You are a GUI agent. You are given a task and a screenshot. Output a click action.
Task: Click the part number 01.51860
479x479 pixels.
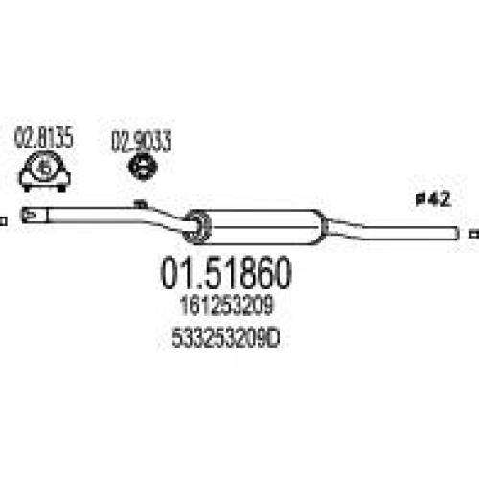[226, 273]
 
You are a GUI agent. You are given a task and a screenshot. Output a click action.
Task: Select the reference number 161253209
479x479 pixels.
[226, 306]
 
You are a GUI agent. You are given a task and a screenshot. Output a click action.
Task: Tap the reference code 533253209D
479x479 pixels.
[226, 339]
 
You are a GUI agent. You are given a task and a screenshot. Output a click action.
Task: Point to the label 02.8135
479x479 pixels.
[44, 138]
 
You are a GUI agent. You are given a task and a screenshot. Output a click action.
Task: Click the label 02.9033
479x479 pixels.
[141, 141]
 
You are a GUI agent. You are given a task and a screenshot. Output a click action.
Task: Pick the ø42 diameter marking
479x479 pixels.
[433, 198]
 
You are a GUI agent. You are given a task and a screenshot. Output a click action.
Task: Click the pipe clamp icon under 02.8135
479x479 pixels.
[45, 171]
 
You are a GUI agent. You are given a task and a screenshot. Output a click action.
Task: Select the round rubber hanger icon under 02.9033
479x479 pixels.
[143, 167]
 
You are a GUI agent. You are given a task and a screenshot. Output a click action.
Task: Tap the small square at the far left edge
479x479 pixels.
[4, 221]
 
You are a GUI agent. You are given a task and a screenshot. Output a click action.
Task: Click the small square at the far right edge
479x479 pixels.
[475, 234]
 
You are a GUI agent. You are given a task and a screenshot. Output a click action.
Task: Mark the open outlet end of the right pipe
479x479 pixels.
[457, 234]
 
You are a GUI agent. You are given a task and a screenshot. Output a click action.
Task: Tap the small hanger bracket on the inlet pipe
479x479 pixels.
[141, 203]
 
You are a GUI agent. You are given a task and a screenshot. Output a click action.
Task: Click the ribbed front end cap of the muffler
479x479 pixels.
[198, 227]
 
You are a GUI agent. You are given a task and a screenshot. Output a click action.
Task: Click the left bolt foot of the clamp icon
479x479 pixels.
[27, 189]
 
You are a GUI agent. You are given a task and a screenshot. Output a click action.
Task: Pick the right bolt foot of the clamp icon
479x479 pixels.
[61, 189]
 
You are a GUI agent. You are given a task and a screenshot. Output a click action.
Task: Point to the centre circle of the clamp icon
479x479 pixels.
[45, 169]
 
